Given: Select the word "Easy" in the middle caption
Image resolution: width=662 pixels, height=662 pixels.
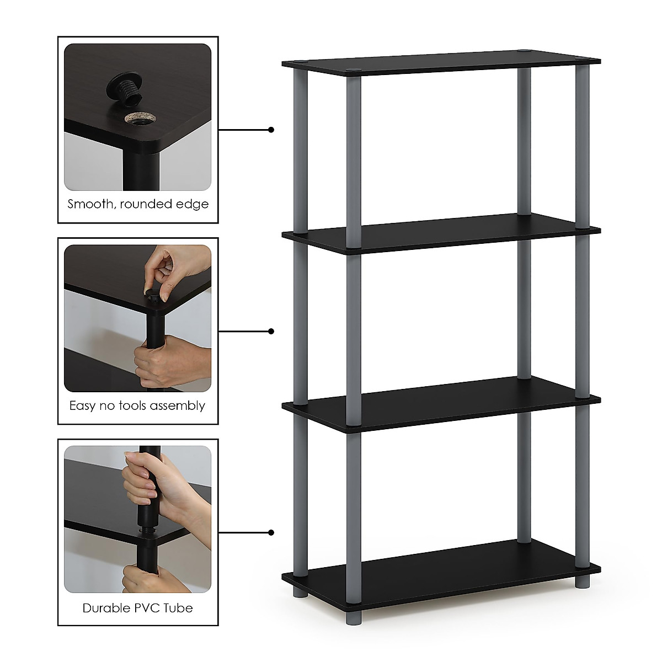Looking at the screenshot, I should pos(83,406).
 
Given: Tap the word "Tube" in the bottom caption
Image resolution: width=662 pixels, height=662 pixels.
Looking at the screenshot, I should pos(179,608).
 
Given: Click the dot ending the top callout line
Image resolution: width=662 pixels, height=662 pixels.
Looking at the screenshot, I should pos(271,130).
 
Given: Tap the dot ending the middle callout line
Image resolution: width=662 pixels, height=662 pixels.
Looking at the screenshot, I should pos(271,331).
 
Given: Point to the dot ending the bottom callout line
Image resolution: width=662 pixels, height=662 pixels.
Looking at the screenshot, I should pos(271,533).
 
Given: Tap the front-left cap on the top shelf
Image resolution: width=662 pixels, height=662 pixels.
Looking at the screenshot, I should pos(351,70).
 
